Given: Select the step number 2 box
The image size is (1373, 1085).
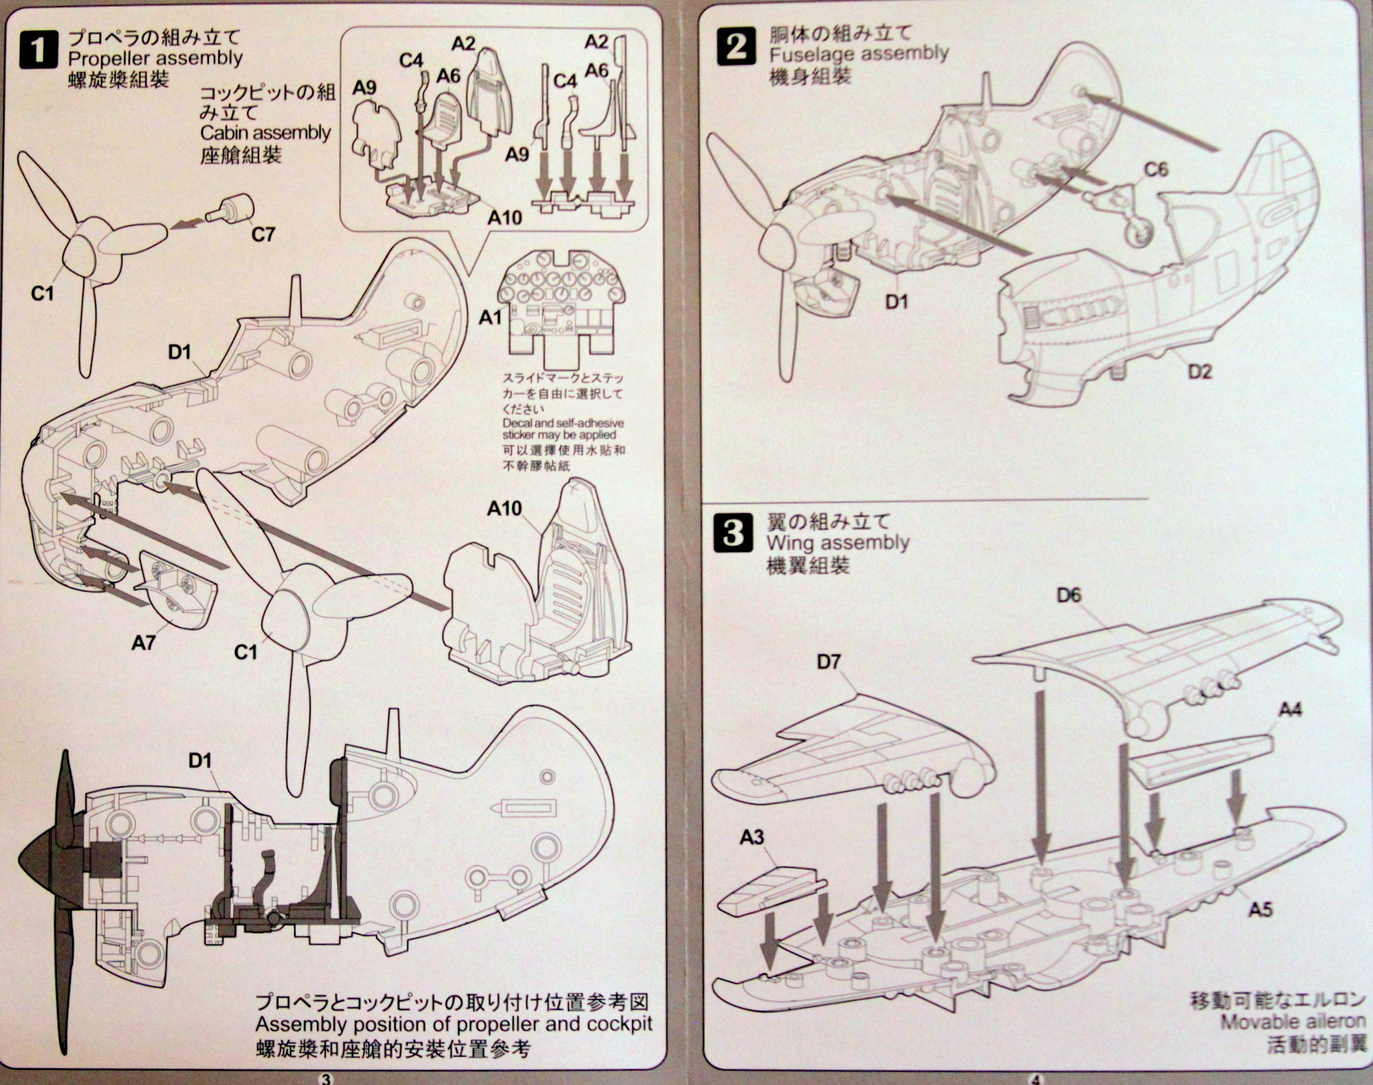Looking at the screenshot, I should pos(736,46).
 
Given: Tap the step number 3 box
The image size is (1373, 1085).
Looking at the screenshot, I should pos(732,533).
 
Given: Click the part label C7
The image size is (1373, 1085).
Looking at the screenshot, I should pos(263,234).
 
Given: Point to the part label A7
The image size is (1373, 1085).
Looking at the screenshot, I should pos(143,643).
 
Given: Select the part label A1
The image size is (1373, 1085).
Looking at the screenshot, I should pos(490,317).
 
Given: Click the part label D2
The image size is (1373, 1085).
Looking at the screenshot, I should pos(1199,372).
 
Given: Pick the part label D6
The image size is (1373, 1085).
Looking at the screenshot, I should pos(1068,595).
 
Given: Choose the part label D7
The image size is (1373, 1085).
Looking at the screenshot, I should pos(828,662).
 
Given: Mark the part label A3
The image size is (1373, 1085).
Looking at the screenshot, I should pos(751,838).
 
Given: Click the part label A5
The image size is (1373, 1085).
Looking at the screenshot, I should pos(1260,909).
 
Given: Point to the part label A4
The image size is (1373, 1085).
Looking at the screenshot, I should pos(1290,710).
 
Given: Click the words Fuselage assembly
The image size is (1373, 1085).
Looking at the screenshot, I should pos(859,54).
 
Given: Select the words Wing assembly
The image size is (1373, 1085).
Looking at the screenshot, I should pos(837,543).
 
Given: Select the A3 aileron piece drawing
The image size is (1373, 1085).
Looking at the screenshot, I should pos(771,890).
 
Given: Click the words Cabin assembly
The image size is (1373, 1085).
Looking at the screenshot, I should pos(265,133).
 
